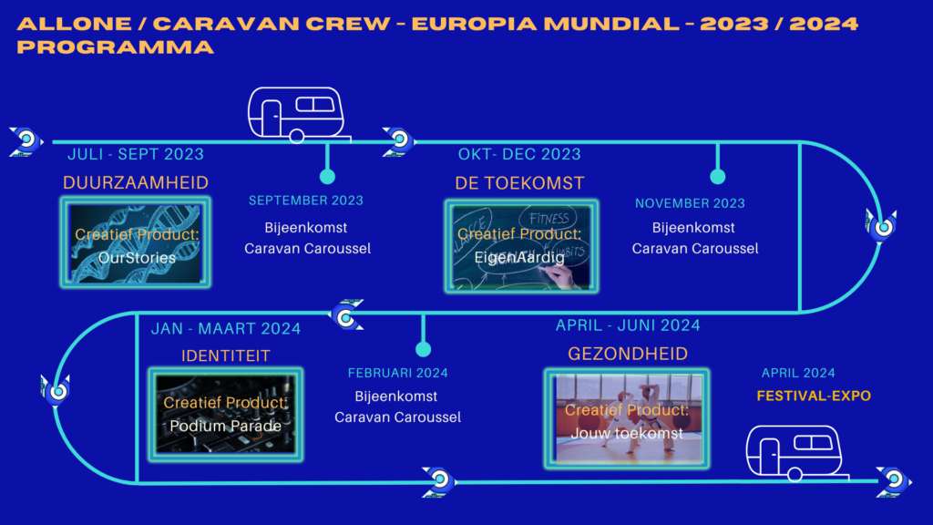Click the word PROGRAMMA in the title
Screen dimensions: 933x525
click(x=116, y=47)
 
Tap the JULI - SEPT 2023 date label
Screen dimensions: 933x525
click(x=136, y=154)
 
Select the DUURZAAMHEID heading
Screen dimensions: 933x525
click(x=136, y=182)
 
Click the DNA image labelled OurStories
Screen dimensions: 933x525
click(x=136, y=242)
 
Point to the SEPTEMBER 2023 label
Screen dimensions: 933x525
click(x=306, y=201)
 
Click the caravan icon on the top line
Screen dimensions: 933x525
click(x=298, y=115)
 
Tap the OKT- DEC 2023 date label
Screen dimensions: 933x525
click(x=519, y=154)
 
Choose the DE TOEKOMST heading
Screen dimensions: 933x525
click(x=519, y=183)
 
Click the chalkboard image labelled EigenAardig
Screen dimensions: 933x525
click(x=521, y=246)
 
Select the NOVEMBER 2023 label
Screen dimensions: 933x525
click(x=690, y=203)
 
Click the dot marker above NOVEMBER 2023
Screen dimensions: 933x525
click(x=718, y=176)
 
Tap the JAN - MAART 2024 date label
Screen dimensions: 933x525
click(x=226, y=328)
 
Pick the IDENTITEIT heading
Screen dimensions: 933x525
click(x=226, y=356)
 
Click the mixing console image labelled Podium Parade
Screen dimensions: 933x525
click(x=226, y=415)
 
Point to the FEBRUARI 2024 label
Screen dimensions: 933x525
click(x=397, y=373)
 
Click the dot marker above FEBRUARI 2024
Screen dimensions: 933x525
click(x=423, y=349)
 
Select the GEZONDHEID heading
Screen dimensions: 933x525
click(x=628, y=355)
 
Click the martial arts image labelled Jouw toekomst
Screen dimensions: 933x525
click(x=627, y=418)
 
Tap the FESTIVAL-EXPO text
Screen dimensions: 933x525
click(x=814, y=396)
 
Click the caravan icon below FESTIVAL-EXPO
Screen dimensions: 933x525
click(x=796, y=453)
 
